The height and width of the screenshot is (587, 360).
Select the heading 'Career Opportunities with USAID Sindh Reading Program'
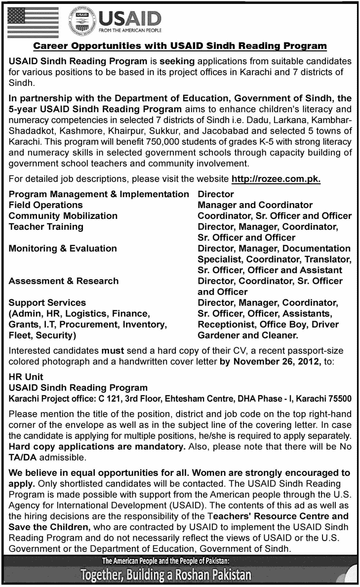[180, 46]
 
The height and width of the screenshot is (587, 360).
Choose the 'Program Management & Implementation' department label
[99, 194]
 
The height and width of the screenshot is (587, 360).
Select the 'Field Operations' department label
[46, 205]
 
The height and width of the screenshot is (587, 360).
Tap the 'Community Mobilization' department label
[63, 216]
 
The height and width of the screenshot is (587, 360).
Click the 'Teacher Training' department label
[46, 227]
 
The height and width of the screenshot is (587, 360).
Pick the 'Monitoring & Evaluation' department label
[63, 249]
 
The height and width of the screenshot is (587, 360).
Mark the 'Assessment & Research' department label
[64, 281]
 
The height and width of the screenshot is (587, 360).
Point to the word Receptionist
[225, 324]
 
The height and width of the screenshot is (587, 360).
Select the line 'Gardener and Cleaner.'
[248, 335]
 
